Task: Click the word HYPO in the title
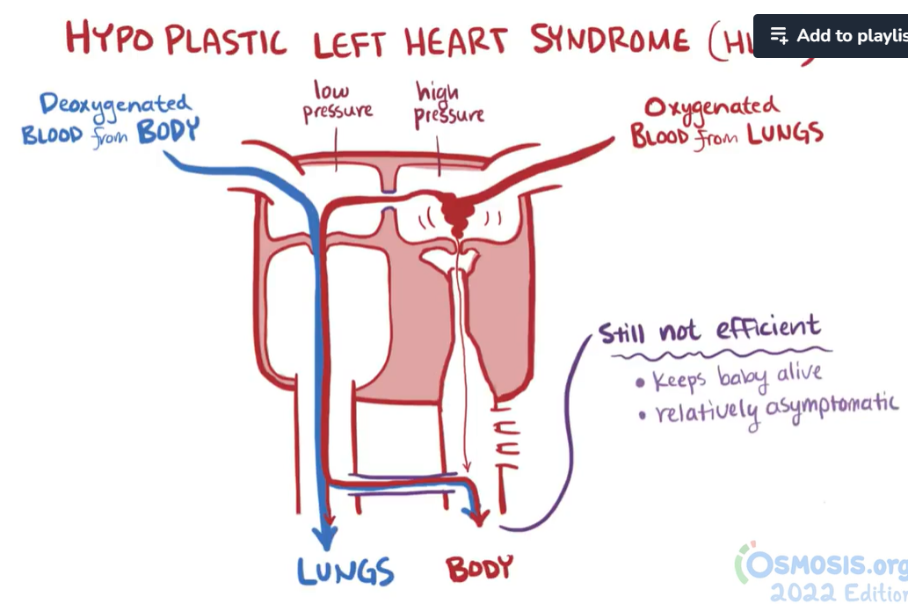tap(108, 39)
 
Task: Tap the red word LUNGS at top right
tap(786, 135)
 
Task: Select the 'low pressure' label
tap(337, 101)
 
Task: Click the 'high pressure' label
tap(448, 103)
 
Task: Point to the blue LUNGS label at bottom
tap(345, 572)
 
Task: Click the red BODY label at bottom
tap(479, 570)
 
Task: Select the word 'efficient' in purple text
tap(767, 329)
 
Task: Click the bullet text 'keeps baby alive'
tap(737, 378)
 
